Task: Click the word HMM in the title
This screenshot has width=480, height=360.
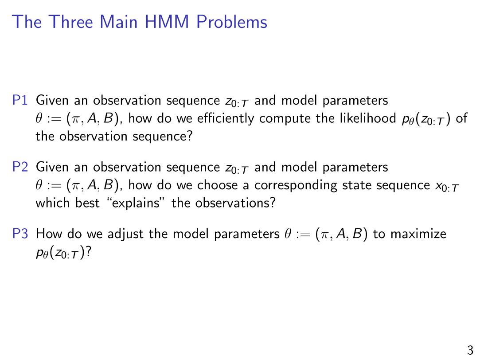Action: point(167,22)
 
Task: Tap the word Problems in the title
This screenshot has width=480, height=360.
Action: point(232,22)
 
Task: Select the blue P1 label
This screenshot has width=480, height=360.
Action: point(20,100)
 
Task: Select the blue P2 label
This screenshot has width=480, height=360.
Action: point(20,167)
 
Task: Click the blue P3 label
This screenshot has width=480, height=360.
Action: point(20,234)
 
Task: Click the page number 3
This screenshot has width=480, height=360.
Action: point(470,350)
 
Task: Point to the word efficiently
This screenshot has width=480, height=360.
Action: point(226,118)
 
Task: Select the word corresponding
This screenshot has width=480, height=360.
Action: point(296,186)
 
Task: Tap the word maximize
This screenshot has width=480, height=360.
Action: point(418,234)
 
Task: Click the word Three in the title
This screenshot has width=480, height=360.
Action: point(71,22)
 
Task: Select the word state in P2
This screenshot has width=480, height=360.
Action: point(356,185)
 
